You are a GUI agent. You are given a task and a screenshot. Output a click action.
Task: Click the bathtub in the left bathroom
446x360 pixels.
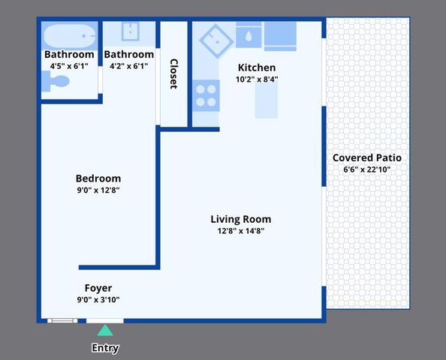(x=69, y=35)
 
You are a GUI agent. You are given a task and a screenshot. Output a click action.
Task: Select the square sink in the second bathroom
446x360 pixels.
(x=130, y=31)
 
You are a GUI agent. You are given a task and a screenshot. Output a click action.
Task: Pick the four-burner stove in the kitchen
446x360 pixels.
(x=206, y=95)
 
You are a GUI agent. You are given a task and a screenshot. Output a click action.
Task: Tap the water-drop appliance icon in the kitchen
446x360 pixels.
(x=248, y=35)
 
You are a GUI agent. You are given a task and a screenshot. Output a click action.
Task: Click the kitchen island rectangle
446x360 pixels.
(x=267, y=100)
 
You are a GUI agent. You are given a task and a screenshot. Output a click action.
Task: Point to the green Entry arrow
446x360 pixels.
(x=105, y=330)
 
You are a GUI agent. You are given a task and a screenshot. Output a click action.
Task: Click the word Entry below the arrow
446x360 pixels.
(x=105, y=348)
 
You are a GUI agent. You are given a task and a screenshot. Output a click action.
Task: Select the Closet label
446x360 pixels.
(x=174, y=73)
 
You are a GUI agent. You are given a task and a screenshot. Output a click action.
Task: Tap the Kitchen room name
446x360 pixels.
(x=257, y=67)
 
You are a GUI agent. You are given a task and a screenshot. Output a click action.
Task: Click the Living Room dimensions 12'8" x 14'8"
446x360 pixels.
(x=240, y=231)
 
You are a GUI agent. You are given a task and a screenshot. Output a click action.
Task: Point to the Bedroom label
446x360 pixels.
(x=98, y=178)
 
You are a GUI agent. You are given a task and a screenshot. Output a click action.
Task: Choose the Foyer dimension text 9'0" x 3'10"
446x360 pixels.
(x=98, y=300)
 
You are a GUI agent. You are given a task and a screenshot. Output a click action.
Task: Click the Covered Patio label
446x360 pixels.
(x=366, y=157)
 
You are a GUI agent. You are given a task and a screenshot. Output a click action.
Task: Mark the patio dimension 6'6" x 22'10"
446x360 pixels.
(x=366, y=169)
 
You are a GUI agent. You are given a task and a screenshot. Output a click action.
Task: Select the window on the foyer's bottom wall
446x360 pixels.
(x=62, y=321)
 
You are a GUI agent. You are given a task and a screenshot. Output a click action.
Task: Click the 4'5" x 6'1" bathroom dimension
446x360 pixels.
(x=69, y=66)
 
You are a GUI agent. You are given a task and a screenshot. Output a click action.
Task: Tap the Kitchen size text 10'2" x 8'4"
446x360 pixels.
(x=257, y=79)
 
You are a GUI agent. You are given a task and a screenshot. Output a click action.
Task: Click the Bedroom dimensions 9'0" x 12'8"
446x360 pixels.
(x=98, y=190)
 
